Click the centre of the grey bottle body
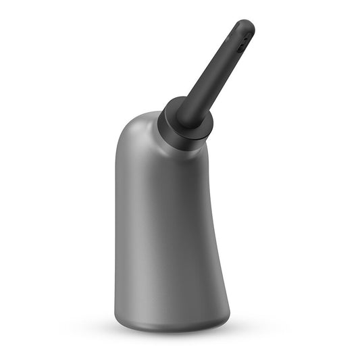169,223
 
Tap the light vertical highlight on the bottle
146,223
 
